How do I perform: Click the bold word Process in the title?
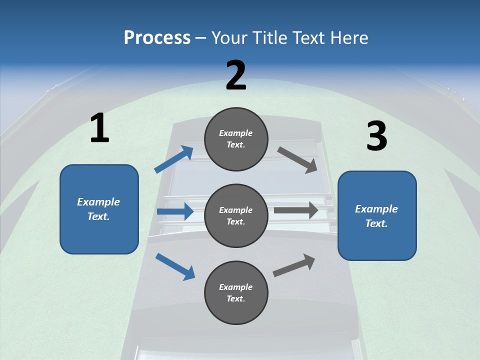[x=157, y=38]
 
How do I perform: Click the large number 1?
[x=99, y=128]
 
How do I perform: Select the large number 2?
[x=236, y=75]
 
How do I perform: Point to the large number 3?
[x=376, y=136]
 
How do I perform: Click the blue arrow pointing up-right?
[x=174, y=159]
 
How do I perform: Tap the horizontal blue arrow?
[x=175, y=211]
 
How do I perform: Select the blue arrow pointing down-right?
[x=175, y=266]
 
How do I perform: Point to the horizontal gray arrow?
[x=296, y=210]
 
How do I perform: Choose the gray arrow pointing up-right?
[x=294, y=264]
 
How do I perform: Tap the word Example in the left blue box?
[x=98, y=202]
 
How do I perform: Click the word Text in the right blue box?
[x=376, y=223]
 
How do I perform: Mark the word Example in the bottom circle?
[x=235, y=287]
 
